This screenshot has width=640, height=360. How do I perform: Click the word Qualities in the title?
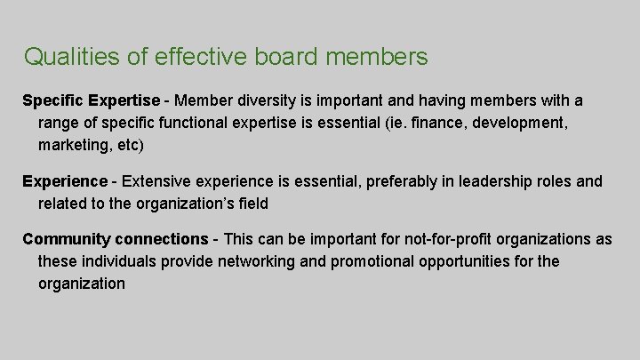coord(71,58)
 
